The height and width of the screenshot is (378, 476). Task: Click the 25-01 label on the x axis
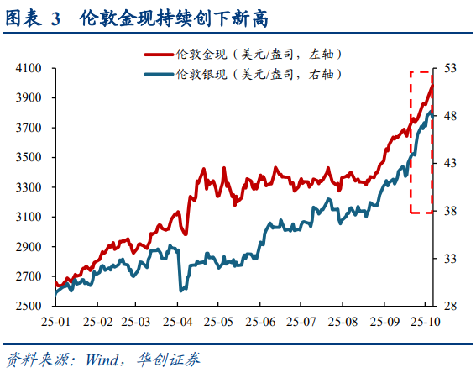pyautogui.click(x=58, y=322)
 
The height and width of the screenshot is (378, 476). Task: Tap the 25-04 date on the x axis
pyautogui.click(x=178, y=322)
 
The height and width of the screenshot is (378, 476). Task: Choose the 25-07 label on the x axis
pyautogui.click(x=301, y=322)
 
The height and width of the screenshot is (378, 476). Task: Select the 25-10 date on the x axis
pyautogui.click(x=422, y=322)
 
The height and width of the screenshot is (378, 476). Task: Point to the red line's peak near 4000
pyautogui.click(x=432, y=85)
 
